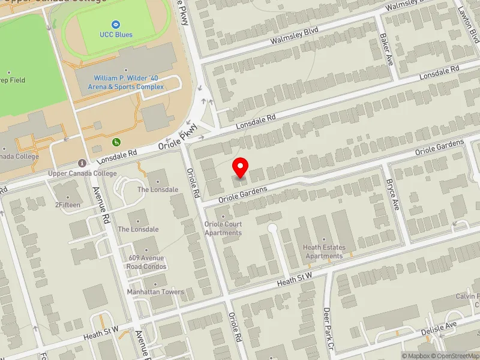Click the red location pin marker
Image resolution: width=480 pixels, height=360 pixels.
click(241, 167)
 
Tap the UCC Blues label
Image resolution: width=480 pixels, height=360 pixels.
click(116, 34)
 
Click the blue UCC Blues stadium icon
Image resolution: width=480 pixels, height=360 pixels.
click(116, 24)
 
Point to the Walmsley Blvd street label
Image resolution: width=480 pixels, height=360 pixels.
click(293, 35)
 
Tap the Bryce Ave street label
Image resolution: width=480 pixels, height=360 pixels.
click(392, 193)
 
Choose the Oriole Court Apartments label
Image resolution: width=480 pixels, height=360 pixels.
click(223, 229)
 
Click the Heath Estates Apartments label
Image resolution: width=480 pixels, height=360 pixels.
click(325, 251)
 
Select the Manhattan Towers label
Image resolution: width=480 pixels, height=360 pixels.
click(155, 292)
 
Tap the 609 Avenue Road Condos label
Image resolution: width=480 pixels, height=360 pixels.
click(146, 262)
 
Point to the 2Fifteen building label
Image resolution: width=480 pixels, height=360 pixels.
click(68, 205)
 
